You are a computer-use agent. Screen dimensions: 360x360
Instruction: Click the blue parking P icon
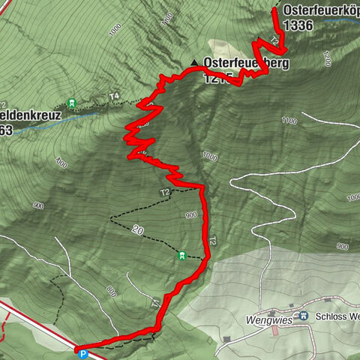(82, 349)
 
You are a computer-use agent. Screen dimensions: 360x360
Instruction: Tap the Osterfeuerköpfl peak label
(320, 11)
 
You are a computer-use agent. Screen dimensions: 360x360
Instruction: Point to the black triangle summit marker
(193, 63)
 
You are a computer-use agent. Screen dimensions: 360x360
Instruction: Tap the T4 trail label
(114, 96)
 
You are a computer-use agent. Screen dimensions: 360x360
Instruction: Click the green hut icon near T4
(72, 103)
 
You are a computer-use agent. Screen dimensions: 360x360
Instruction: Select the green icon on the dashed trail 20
(181, 256)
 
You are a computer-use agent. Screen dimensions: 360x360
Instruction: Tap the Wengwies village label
(268, 318)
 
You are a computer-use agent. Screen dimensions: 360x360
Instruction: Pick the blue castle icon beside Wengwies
(304, 316)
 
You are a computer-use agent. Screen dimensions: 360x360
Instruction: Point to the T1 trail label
(155, 304)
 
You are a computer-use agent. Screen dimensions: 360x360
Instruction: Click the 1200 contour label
(324, 57)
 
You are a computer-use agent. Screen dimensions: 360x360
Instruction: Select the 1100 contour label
(289, 121)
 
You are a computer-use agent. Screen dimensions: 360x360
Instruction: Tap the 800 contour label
(111, 290)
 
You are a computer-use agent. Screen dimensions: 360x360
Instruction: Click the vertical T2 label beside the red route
(212, 241)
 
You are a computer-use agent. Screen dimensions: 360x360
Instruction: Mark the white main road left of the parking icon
(37, 323)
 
